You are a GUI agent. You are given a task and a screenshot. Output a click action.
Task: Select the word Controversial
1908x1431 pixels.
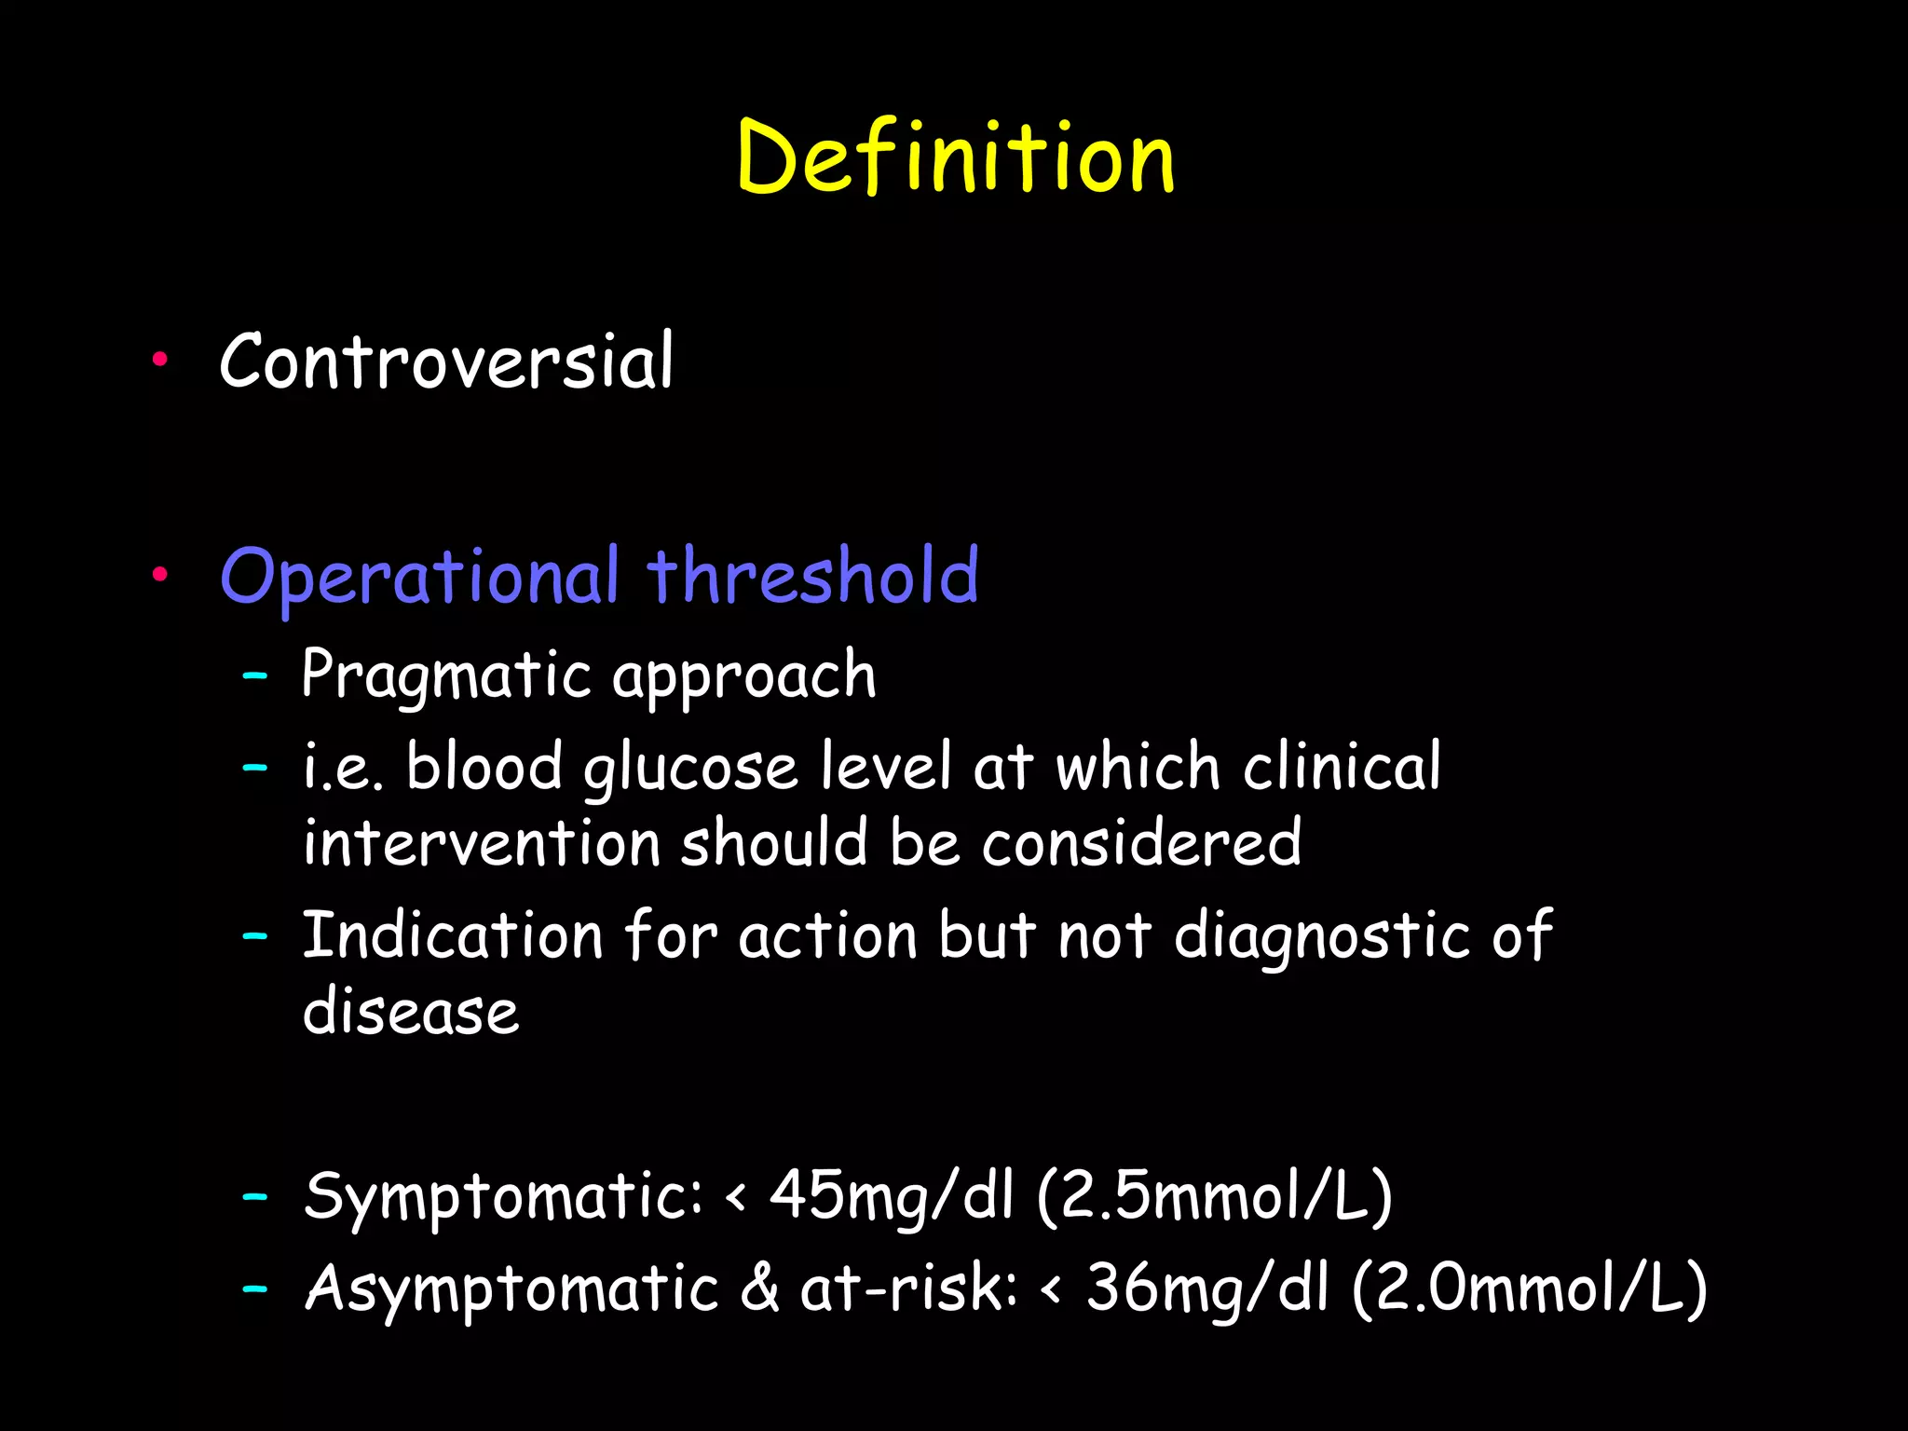point(445,361)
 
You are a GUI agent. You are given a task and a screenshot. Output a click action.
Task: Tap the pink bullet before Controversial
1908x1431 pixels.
point(160,359)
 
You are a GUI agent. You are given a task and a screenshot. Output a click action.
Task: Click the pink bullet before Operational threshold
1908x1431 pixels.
point(160,574)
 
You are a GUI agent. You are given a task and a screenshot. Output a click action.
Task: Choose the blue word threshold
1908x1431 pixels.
point(812,576)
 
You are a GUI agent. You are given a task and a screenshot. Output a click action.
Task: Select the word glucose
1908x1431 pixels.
point(690,768)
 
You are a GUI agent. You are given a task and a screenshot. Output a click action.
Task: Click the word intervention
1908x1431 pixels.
point(482,842)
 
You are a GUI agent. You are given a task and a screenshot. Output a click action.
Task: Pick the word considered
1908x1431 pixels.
point(1141,842)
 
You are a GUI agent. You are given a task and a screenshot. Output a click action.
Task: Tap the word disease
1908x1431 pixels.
point(411,1012)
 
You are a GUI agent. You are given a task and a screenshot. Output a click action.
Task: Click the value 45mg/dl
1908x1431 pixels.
point(892,1196)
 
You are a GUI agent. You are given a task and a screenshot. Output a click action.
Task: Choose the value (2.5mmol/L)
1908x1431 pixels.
point(1214,1196)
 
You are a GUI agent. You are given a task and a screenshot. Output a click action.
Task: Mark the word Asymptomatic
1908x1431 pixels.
point(511,1289)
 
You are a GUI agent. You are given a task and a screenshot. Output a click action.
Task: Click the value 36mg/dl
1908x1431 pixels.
point(1207,1289)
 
